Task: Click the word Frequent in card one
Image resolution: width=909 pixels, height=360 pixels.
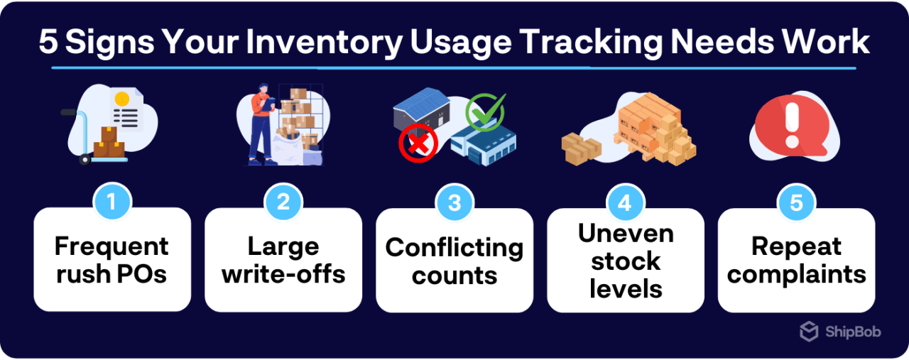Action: point(111,246)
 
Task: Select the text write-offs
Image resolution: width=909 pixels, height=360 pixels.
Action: point(283,274)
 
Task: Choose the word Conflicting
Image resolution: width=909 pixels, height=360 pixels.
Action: point(454,248)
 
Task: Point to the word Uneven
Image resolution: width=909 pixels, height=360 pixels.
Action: point(625,234)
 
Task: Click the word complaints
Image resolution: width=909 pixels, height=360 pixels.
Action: point(796,274)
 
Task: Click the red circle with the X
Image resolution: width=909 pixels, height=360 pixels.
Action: point(418,144)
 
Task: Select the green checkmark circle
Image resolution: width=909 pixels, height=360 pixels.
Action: point(484,112)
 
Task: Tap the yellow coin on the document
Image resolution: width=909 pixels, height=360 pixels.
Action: point(121,99)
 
